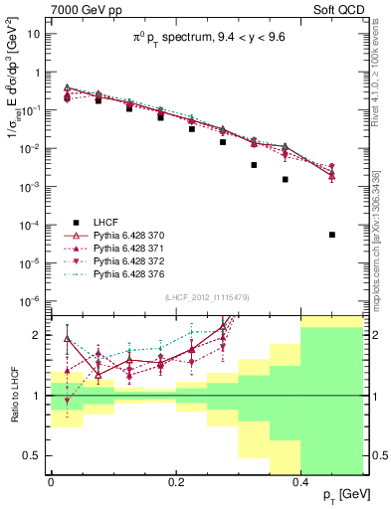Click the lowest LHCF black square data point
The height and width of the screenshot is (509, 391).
coord(332,235)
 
